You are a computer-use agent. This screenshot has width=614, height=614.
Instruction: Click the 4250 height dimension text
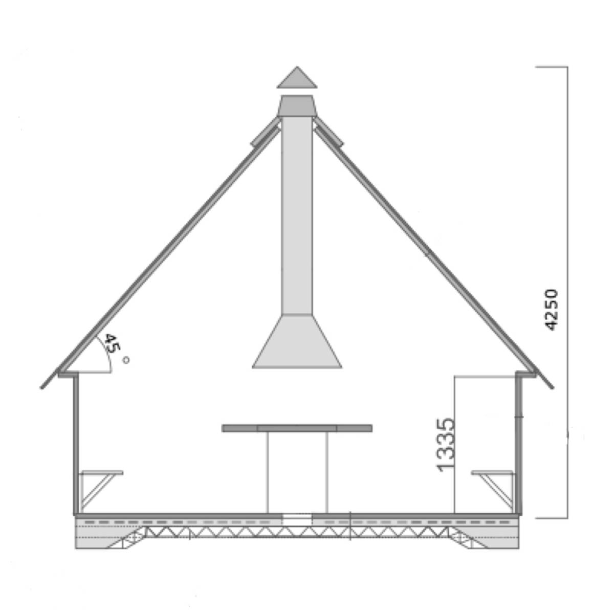(x=551, y=310)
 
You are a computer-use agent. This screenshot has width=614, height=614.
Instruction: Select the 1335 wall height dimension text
(x=445, y=445)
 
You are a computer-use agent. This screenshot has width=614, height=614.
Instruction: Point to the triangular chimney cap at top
(x=297, y=77)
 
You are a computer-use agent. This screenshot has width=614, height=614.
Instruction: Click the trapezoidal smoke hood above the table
(x=297, y=341)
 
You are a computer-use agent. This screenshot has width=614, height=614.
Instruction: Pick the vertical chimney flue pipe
(x=297, y=215)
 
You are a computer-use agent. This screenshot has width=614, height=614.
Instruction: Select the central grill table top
(x=297, y=428)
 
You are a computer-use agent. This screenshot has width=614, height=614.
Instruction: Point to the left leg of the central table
(x=268, y=473)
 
